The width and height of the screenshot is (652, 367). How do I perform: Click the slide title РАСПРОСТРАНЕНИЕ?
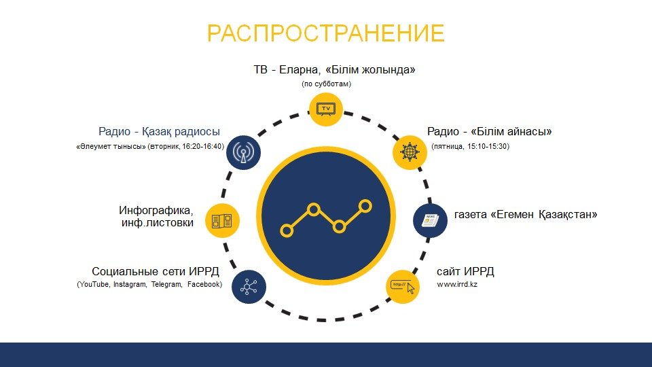coord(326,33)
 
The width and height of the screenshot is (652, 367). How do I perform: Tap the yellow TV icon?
coord(326,109)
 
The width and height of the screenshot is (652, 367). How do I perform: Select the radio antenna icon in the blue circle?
coord(243,152)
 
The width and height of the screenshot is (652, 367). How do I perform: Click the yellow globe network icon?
coord(410,152)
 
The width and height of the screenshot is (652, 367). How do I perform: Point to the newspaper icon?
coord(430,220)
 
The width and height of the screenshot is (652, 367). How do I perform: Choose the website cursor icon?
coord(403,287)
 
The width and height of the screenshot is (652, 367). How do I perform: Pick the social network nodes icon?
coord(249,287)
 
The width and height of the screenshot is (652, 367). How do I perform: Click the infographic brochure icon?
coord(223,220)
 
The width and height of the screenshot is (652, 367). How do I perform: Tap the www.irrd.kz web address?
coord(457,285)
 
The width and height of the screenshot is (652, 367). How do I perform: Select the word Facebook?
coord(203,285)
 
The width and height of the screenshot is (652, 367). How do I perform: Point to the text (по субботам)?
coord(327,84)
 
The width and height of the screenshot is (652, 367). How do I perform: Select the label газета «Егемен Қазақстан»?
coord(526,215)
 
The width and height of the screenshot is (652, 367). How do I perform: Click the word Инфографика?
coord(156,210)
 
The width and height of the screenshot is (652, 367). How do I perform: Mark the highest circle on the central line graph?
coord(365,205)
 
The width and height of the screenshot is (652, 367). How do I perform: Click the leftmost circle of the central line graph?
coord(287,230)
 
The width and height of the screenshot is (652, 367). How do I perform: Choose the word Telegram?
coord(166,285)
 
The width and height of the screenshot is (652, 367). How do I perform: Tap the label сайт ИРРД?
coord(465,272)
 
